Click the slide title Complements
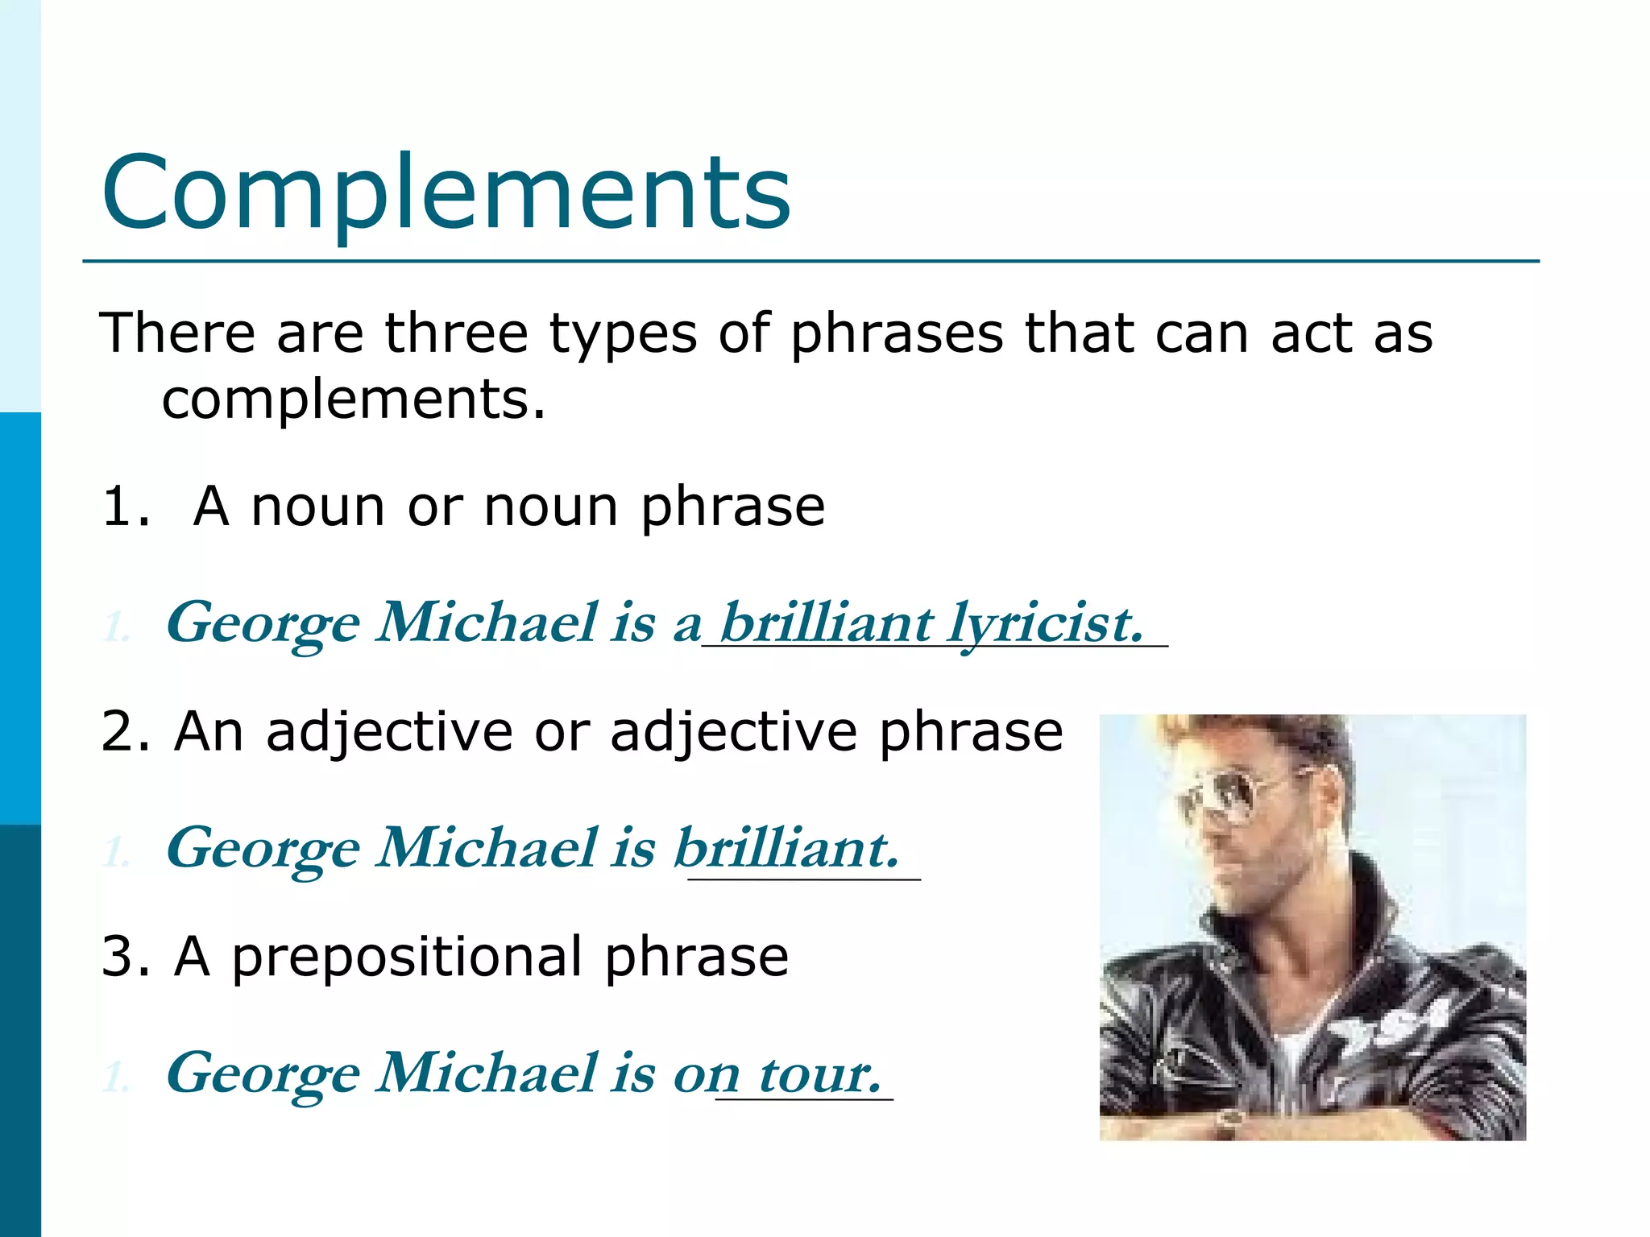(x=446, y=193)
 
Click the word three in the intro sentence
(x=456, y=333)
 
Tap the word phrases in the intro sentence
(x=896, y=334)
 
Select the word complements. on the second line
(x=354, y=399)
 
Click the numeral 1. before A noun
(x=126, y=507)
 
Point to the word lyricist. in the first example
(x=1045, y=623)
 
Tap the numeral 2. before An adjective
(x=126, y=732)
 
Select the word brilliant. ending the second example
(x=786, y=848)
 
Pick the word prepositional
(x=407, y=958)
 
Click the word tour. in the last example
(x=820, y=1074)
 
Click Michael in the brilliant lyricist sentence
(x=488, y=623)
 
